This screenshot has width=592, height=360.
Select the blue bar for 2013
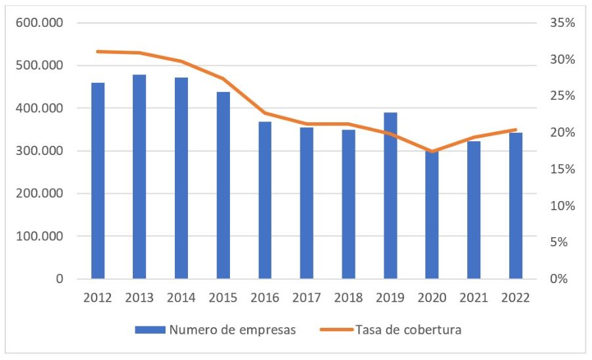tap(139, 177)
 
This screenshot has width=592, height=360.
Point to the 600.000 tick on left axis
tap(43, 23)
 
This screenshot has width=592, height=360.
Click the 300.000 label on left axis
tap(43, 151)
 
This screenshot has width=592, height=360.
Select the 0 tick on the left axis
tap(60, 279)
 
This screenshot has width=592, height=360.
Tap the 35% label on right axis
tap(562, 23)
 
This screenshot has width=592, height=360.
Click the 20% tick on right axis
tap(562, 133)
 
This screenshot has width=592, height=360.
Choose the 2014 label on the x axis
tap(181, 298)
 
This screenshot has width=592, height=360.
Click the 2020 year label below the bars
tap(432, 298)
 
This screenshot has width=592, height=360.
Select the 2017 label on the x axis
tap(307, 298)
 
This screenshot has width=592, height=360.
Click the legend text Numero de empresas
tap(233, 330)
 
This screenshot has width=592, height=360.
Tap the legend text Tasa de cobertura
tap(409, 330)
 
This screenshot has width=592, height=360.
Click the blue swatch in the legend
tap(150, 330)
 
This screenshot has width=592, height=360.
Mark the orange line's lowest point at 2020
tap(432, 152)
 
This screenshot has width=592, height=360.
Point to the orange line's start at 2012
tap(98, 51)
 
